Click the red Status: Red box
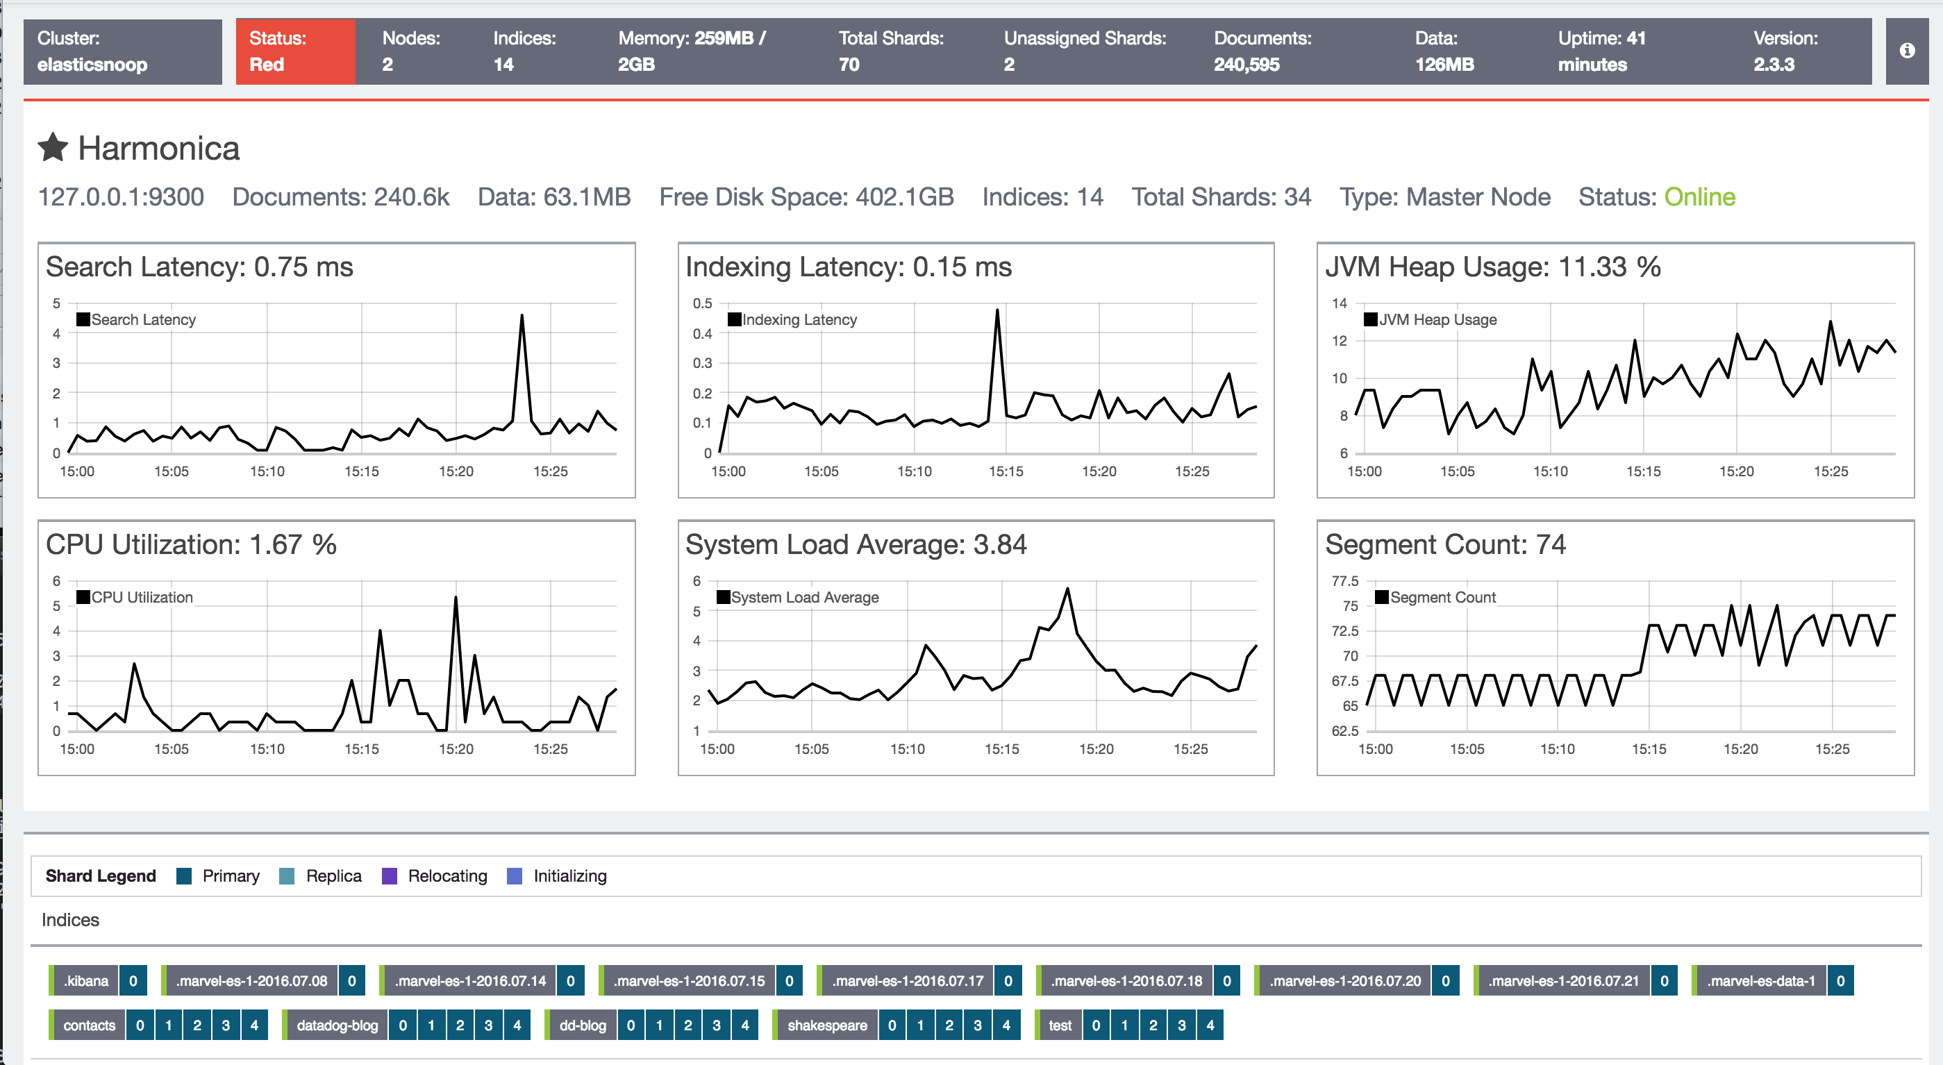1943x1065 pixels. pyautogui.click(x=295, y=51)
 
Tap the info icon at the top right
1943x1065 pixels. pyautogui.click(x=1907, y=51)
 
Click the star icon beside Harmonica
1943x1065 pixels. pyautogui.click(x=53, y=148)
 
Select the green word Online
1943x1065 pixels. pyautogui.click(x=1699, y=197)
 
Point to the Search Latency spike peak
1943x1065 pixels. pyautogui.click(x=522, y=316)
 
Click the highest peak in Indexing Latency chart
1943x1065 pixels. pyautogui.click(x=997, y=310)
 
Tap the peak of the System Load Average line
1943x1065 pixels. pyautogui.click(x=1067, y=589)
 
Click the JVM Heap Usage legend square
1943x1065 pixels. pyautogui.click(x=1371, y=319)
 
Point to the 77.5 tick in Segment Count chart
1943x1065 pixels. pyautogui.click(x=1345, y=581)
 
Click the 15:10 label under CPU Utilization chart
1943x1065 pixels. pyautogui.click(x=267, y=749)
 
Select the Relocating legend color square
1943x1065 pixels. pyautogui.click(x=389, y=875)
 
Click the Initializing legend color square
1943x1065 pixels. pyautogui.click(x=515, y=875)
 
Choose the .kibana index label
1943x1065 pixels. pyautogui.click(x=86, y=980)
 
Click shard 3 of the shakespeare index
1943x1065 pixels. pyautogui.click(x=978, y=1025)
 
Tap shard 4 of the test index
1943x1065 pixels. pyautogui.click(x=1210, y=1025)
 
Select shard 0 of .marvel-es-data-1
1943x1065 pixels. pyautogui.click(x=1840, y=980)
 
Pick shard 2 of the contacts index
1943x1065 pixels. pyautogui.click(x=197, y=1025)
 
